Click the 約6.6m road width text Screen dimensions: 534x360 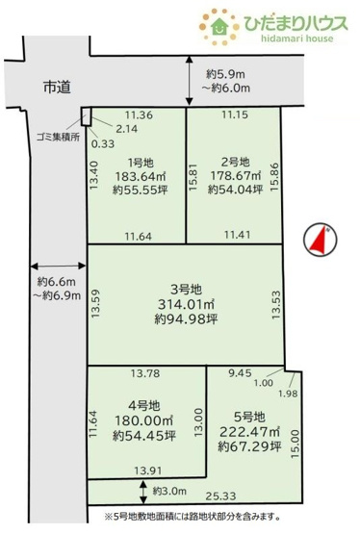point(55,281)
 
